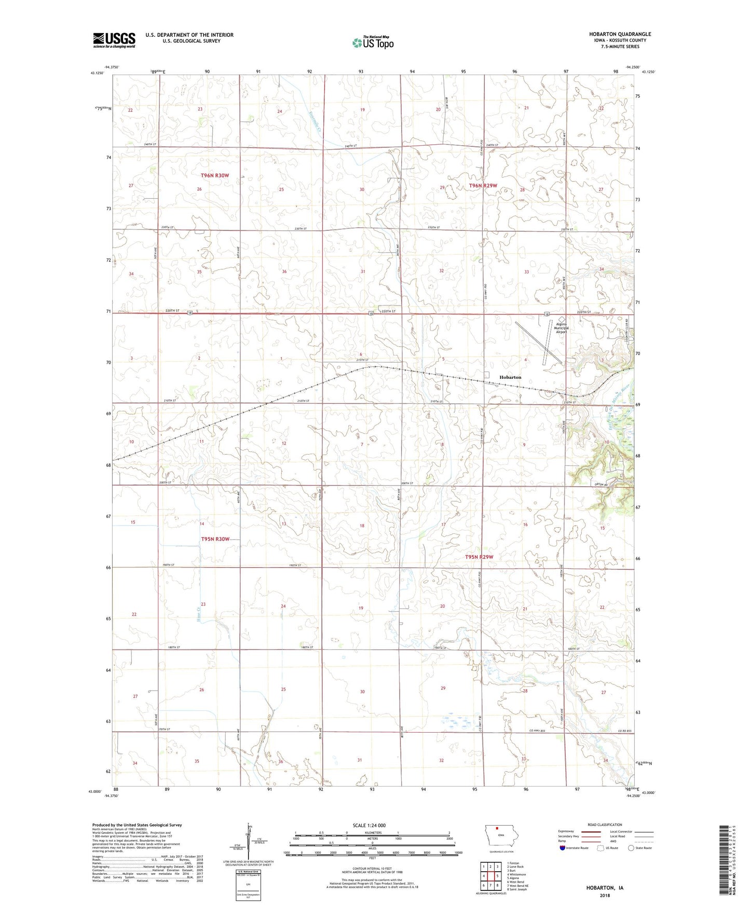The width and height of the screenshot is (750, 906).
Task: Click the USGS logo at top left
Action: (114, 40)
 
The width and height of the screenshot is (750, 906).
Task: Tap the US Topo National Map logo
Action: (373, 42)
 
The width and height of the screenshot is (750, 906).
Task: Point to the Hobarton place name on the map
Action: (510, 377)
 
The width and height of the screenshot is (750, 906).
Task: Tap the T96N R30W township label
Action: (215, 176)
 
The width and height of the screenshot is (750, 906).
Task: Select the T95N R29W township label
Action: (479, 557)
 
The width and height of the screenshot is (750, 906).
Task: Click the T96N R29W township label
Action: (483, 186)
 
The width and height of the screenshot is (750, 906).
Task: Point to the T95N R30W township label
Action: (215, 539)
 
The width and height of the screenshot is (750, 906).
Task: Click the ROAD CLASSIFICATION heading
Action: (605, 825)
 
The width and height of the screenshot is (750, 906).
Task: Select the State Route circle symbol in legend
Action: (631, 848)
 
